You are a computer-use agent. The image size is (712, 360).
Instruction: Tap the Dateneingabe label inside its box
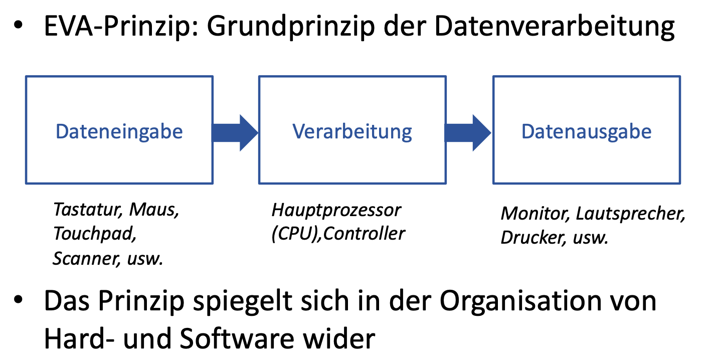(x=119, y=131)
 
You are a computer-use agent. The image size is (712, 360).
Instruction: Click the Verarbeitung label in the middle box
(x=352, y=131)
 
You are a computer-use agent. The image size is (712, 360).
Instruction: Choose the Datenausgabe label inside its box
(x=587, y=131)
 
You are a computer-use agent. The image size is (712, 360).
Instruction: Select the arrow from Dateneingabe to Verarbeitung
(x=235, y=132)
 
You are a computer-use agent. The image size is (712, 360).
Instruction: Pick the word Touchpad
(x=95, y=234)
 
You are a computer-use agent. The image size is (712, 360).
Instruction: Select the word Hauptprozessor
(x=336, y=210)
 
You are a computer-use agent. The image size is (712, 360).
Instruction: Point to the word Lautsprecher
(x=630, y=214)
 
